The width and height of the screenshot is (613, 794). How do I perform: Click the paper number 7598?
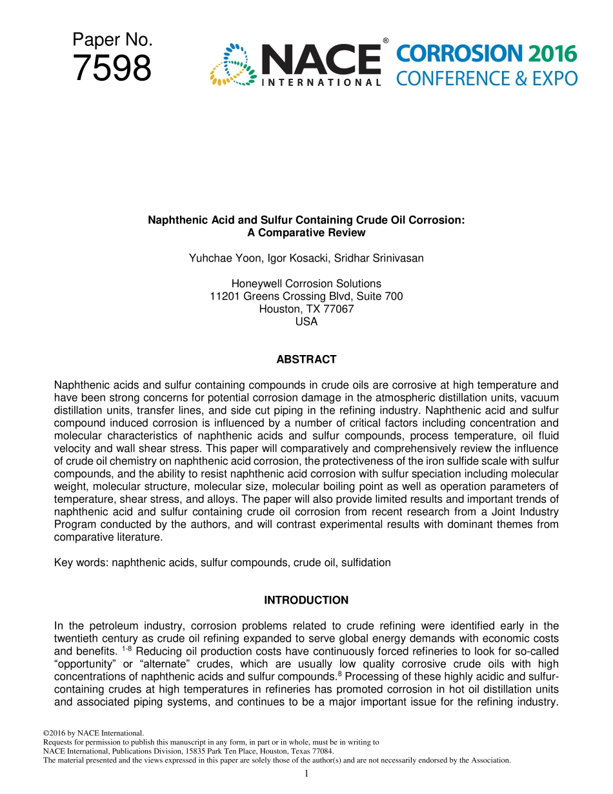click(x=112, y=68)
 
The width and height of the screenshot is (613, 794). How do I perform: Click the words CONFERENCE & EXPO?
click(x=487, y=79)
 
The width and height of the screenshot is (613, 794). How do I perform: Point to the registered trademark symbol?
click(x=385, y=41)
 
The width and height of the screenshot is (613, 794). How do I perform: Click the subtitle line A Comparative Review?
click(x=306, y=232)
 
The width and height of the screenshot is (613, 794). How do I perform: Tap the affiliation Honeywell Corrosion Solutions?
click(x=306, y=283)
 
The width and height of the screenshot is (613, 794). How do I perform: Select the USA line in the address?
click(x=306, y=321)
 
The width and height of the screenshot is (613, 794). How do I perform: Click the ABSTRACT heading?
click(x=306, y=360)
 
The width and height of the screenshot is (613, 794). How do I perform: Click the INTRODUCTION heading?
click(x=306, y=600)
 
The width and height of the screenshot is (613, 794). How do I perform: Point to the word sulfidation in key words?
click(x=365, y=562)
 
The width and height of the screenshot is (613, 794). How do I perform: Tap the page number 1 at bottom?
click(x=306, y=773)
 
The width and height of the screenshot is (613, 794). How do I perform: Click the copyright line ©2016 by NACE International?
click(x=92, y=733)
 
